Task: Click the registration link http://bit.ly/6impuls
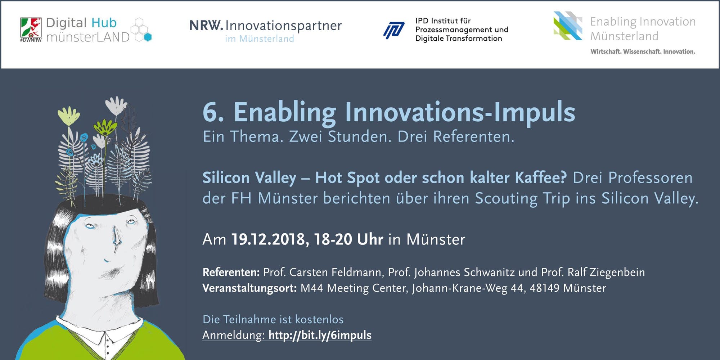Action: tap(320, 336)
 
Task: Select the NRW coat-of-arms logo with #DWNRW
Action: tap(31, 30)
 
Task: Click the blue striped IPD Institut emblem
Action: tap(394, 30)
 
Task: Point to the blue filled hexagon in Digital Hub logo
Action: tap(148, 37)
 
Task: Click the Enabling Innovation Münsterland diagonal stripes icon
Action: tap(568, 26)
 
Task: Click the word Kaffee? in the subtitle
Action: tap(541, 178)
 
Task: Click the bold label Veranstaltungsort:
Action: tap(249, 288)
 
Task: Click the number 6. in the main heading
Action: tap(213, 112)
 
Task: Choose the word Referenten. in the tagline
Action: tap(474, 137)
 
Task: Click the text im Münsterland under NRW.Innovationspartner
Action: tap(260, 39)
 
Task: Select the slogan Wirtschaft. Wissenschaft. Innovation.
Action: tap(643, 52)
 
